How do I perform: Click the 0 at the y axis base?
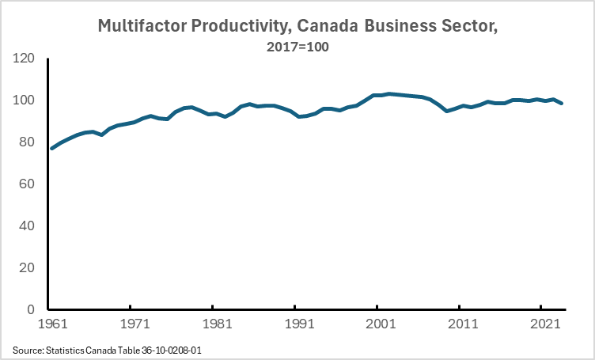pyautogui.click(x=32, y=310)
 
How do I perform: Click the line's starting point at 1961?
pyautogui.click(x=52, y=148)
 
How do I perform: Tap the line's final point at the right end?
pyautogui.click(x=562, y=104)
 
